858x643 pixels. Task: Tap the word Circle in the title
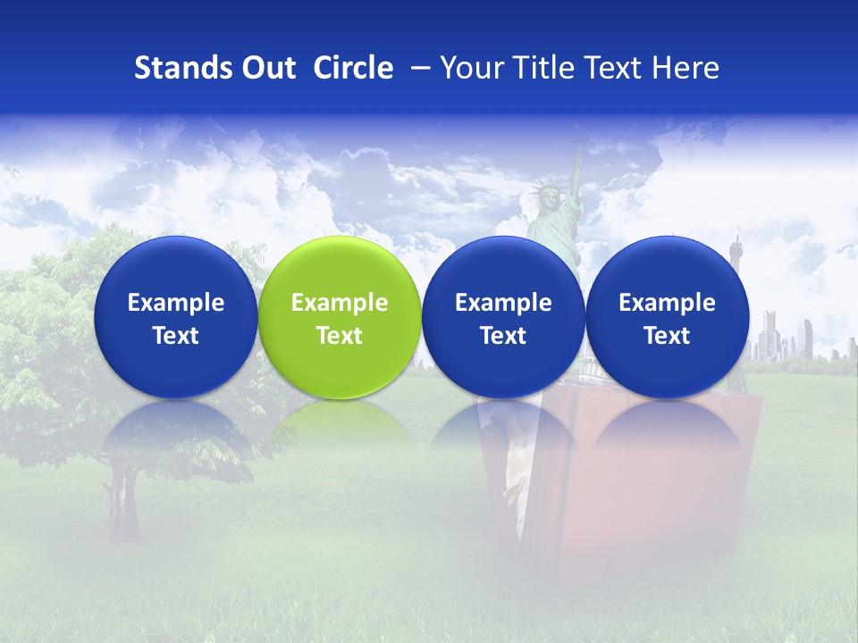353,68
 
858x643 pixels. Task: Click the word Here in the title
687,68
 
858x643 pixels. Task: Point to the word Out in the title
265,68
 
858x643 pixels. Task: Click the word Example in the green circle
340,303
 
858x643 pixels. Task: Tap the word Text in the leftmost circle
175,336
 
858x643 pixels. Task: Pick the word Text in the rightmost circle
667,336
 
